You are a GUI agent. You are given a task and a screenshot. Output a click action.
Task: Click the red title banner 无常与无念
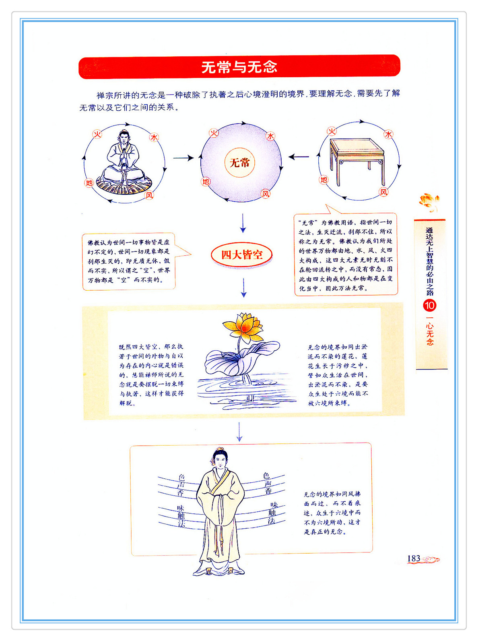pos(239,67)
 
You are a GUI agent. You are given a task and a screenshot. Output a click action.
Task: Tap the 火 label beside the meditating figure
pos(97,134)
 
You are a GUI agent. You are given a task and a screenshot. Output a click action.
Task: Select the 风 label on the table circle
pos(383,192)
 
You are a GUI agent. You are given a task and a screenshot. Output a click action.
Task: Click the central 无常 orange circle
pos(239,162)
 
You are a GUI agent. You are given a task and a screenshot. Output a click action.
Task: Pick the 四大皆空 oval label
pos(242,254)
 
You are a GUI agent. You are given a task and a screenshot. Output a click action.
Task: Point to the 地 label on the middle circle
pos(206,181)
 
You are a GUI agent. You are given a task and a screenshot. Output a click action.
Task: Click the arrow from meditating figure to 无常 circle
pos(183,158)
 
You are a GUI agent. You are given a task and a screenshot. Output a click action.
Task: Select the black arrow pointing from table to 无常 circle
pos(299,157)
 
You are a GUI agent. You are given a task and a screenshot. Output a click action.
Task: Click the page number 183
pos(414,558)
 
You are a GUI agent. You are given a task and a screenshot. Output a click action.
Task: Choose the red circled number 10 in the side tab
pos(430,306)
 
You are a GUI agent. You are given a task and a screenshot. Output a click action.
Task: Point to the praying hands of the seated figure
pos(124,153)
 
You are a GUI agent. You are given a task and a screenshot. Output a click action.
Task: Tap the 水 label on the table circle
pos(388,134)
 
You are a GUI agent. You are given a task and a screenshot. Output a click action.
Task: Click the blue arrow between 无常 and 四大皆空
pos(243,223)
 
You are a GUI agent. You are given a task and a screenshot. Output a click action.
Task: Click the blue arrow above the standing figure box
pos(239,431)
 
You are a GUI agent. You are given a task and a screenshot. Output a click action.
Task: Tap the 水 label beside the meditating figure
pos(154,137)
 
